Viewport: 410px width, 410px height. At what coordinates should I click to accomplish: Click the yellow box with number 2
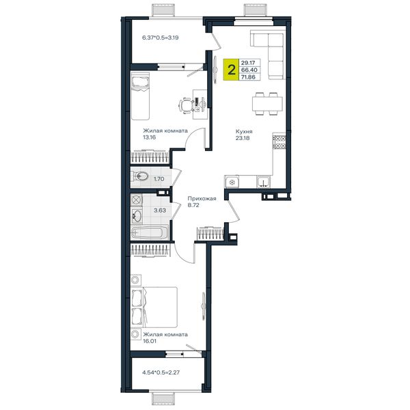click(231, 70)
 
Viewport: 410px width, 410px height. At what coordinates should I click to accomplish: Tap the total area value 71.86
click(248, 77)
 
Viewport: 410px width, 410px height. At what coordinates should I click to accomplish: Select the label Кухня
click(244, 131)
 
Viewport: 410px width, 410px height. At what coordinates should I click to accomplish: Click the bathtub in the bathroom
click(150, 232)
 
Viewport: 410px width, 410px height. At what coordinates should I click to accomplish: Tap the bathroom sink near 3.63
click(136, 216)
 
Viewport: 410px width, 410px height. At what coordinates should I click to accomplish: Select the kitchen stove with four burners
click(279, 142)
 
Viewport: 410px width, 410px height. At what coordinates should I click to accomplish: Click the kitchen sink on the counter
click(263, 182)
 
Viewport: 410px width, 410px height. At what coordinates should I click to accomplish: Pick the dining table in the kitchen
click(267, 104)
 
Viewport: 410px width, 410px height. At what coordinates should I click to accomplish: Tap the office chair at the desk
click(186, 106)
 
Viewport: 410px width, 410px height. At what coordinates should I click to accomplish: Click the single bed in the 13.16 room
click(140, 96)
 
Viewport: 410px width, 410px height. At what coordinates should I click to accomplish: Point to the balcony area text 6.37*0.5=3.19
click(161, 38)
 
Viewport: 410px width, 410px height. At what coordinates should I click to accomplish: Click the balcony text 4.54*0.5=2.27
click(161, 372)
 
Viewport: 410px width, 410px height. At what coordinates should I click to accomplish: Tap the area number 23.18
click(243, 138)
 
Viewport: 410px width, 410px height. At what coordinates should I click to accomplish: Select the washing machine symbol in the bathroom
click(136, 200)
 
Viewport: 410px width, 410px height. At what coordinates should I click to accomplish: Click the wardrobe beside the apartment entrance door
click(210, 234)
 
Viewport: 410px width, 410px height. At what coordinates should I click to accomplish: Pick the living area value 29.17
click(248, 63)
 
